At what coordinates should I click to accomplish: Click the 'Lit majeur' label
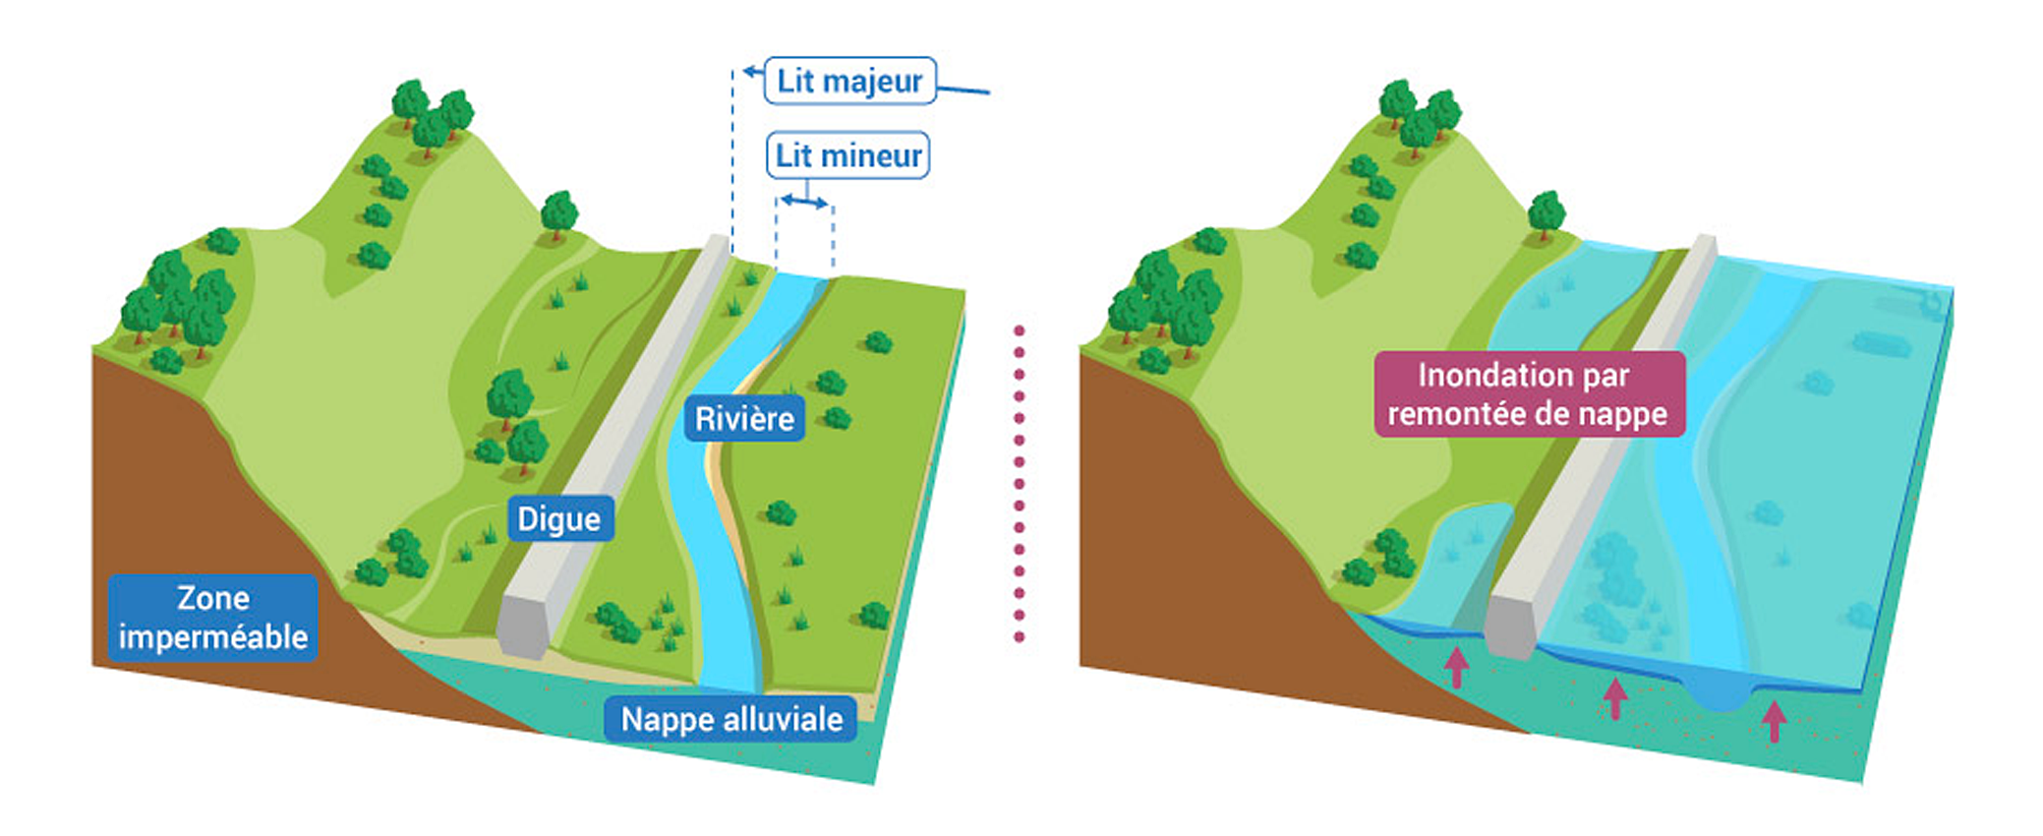click(x=849, y=81)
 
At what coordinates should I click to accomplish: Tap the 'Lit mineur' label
click(x=847, y=155)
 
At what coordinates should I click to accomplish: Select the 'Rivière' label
click(x=744, y=419)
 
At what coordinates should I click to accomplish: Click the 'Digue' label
click(x=559, y=519)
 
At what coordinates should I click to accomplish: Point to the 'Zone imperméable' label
click(x=212, y=618)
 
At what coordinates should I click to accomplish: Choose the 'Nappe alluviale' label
click(x=731, y=720)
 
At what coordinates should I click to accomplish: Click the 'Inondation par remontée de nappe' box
click(x=1528, y=394)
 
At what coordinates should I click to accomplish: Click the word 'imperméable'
click(x=212, y=637)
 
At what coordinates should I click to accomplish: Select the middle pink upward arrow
click(x=1614, y=698)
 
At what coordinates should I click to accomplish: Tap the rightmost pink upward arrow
click(x=1774, y=721)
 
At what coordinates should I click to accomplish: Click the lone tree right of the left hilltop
click(x=559, y=213)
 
